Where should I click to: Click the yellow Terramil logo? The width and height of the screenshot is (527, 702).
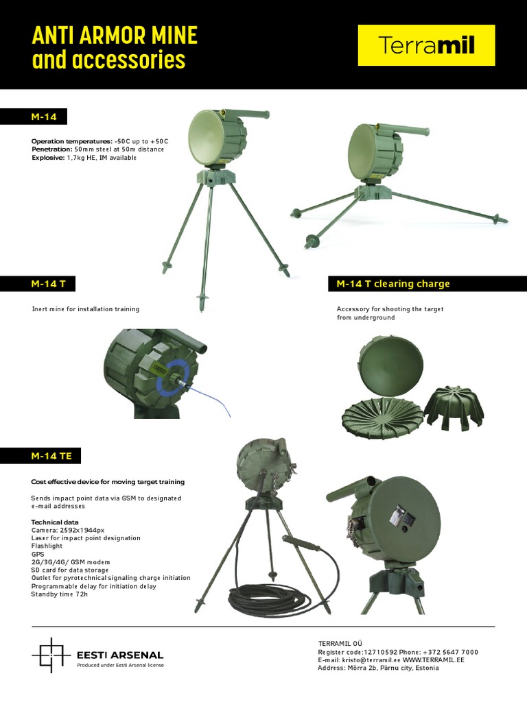pos(426,45)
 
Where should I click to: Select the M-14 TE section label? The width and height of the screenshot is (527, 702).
pos(47,455)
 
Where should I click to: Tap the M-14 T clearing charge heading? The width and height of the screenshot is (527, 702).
pos(393,284)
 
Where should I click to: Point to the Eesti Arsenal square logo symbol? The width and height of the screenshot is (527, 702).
pos(51,655)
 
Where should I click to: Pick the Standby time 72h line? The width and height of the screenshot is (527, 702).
pos(59,594)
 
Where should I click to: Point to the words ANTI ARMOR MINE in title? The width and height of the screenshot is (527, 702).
pos(115,36)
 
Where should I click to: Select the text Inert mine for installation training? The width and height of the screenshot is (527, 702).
pos(86,309)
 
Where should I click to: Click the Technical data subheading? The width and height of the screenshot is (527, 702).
pos(55,522)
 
